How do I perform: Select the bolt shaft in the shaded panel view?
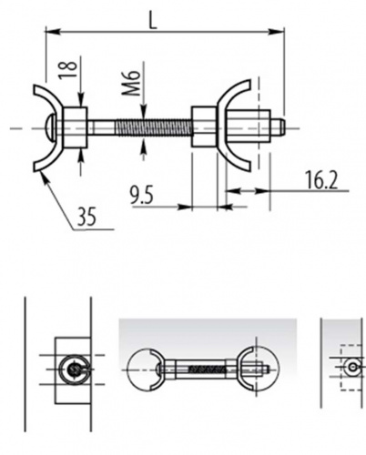200,368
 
